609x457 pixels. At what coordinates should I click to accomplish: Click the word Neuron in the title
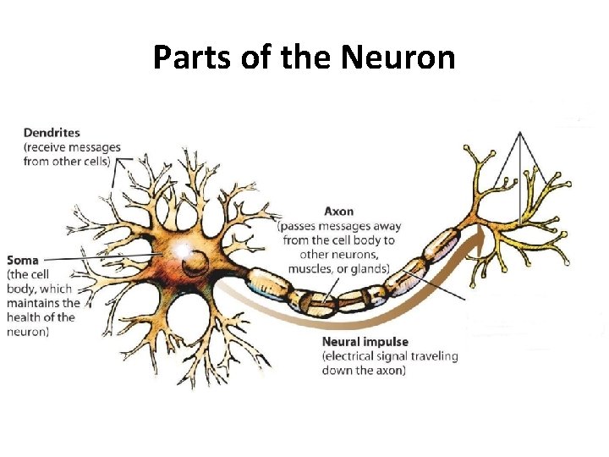coord(398,58)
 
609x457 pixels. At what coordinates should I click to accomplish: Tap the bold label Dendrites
coord(52,133)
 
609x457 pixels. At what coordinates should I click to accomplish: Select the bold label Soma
coord(23,260)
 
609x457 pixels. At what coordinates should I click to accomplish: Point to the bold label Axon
coord(339,211)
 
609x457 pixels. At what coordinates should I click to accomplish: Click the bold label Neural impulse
coord(365,342)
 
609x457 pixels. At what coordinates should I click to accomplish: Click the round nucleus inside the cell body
coord(194,258)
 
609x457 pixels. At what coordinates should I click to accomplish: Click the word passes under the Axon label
coord(300,226)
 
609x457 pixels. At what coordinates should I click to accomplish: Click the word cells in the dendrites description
coord(93,161)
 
